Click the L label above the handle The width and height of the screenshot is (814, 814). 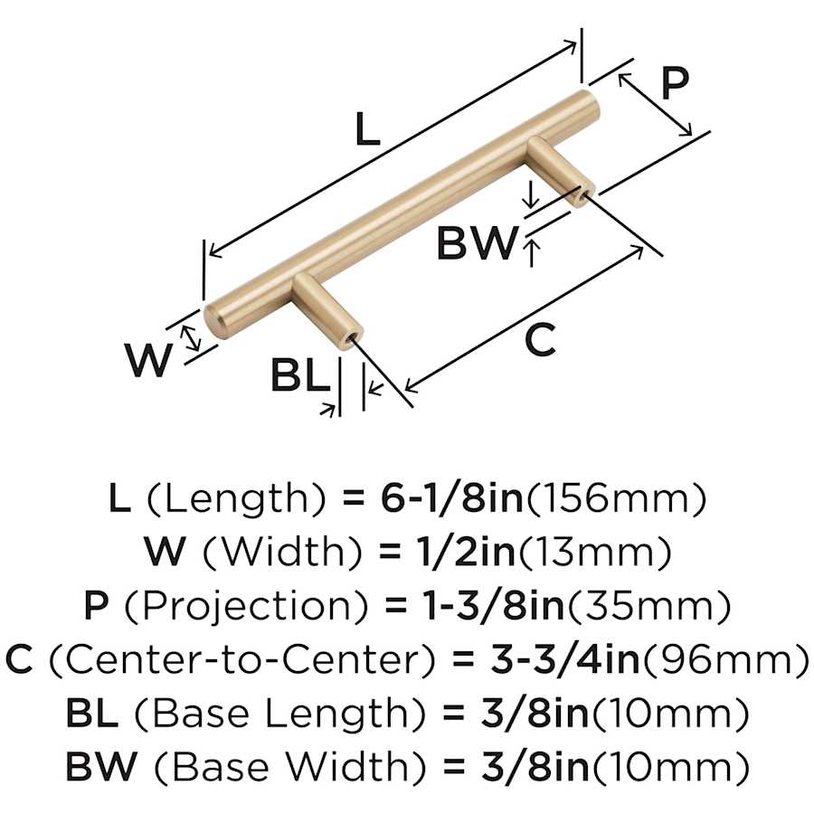pos(365,132)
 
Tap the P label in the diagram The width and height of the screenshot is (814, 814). pos(673,84)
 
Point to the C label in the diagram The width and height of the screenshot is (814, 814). pos(540,341)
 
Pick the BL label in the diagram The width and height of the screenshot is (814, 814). pos(299,377)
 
